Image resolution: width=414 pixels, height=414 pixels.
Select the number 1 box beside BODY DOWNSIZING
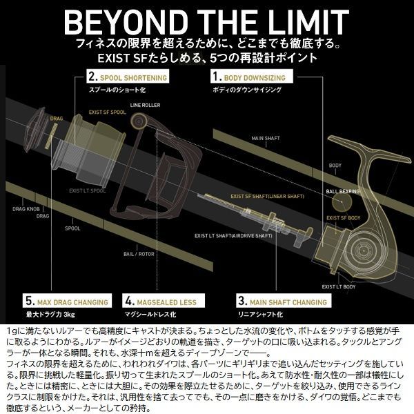tap(218, 78)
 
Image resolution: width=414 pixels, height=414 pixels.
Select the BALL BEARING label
tap(342, 188)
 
